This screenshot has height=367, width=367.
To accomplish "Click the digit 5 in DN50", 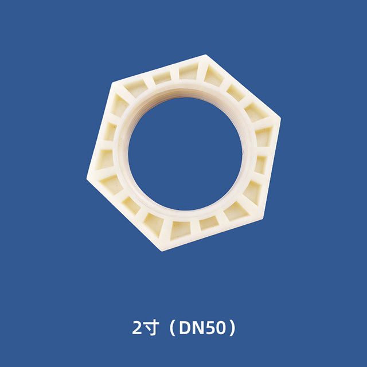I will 208,329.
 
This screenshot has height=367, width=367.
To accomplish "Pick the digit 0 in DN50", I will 218,329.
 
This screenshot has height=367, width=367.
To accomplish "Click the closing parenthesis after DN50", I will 232,329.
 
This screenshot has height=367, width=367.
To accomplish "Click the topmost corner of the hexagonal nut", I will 205,56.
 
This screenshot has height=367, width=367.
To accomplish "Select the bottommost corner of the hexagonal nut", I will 159,251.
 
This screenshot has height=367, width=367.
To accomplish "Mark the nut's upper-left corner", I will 110,84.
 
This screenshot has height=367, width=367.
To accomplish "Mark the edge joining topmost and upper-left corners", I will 157,69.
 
